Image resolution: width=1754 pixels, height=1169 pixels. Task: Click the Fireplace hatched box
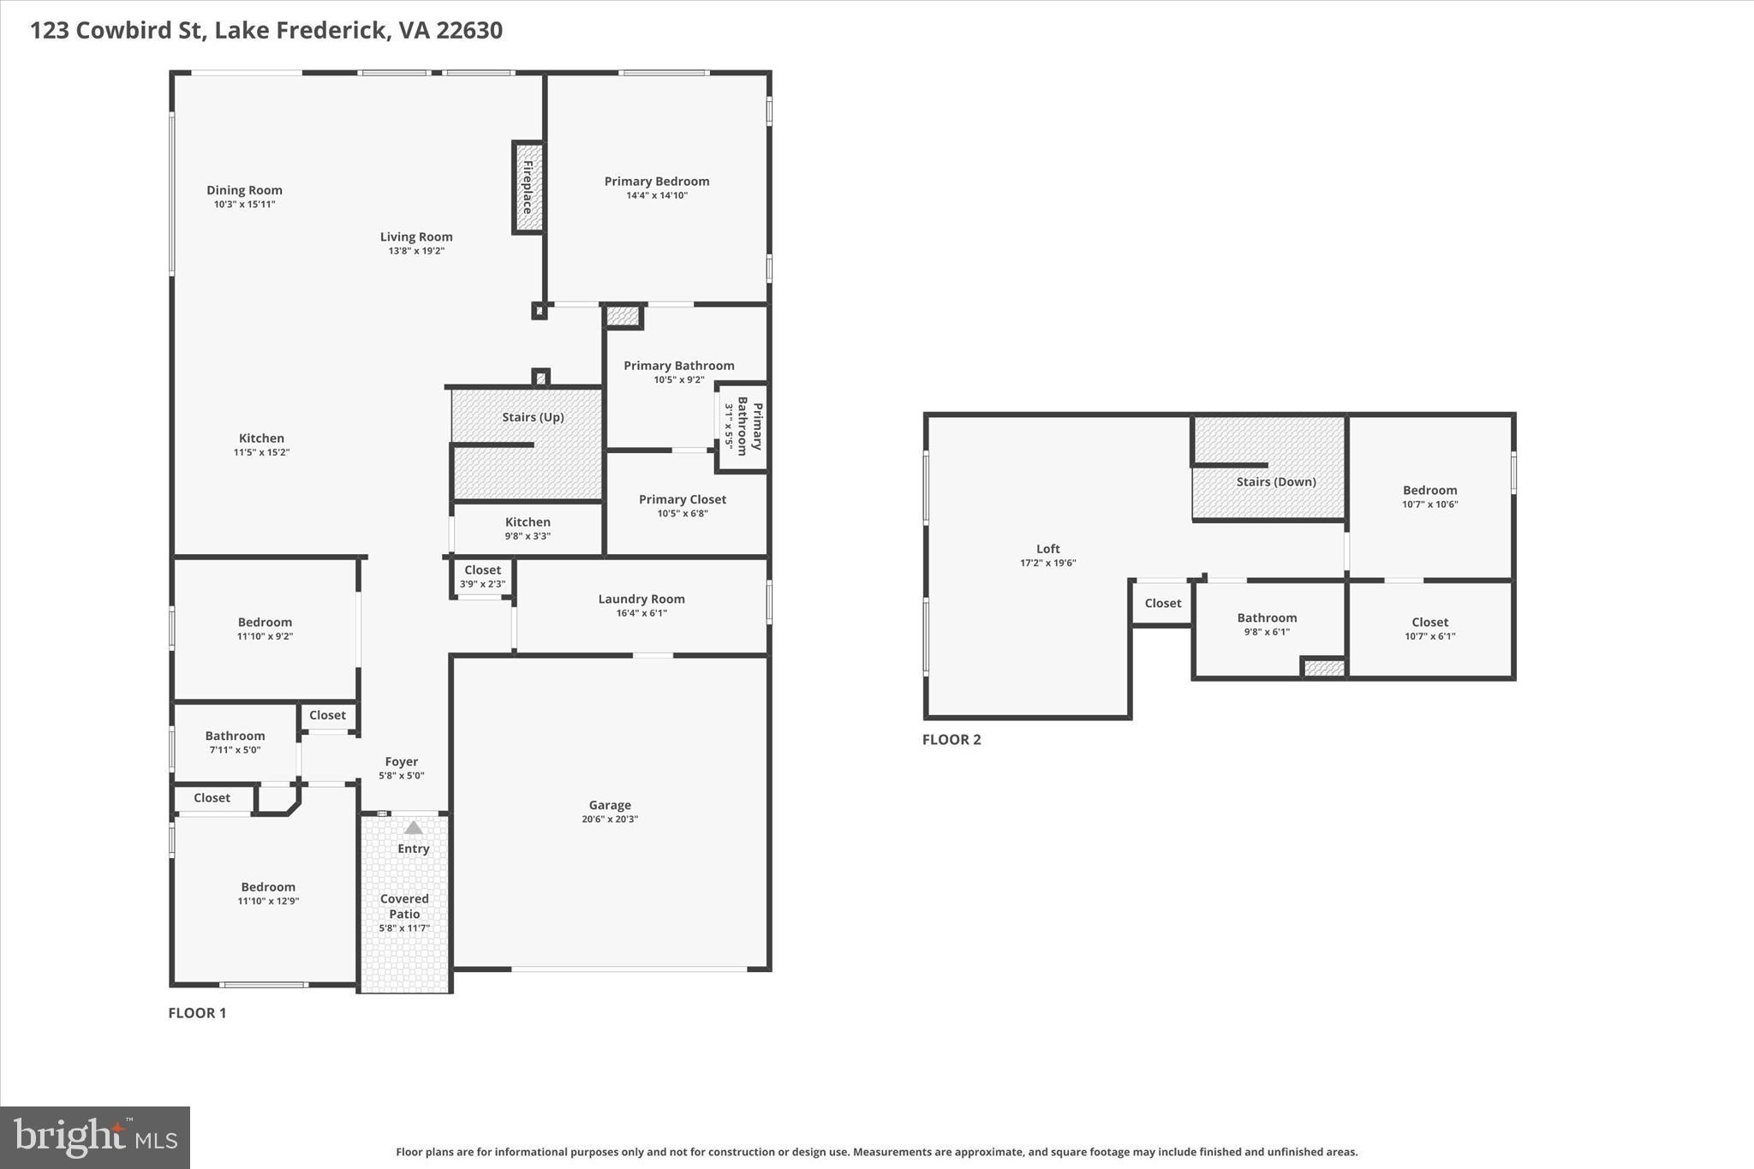point(528,188)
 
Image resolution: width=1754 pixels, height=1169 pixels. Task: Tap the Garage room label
point(610,805)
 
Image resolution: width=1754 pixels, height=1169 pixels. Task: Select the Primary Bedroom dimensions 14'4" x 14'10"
point(657,195)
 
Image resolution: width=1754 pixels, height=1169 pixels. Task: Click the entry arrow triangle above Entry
point(414,827)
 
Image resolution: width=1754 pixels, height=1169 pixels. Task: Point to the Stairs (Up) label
point(533,417)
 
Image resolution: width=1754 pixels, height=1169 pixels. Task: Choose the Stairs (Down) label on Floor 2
point(1275,481)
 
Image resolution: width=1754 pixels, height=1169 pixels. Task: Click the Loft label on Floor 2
point(1047,549)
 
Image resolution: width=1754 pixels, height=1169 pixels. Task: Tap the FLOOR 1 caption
point(197,1012)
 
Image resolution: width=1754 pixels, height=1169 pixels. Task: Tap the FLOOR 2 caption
point(951,739)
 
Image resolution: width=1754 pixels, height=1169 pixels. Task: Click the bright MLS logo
point(95,1137)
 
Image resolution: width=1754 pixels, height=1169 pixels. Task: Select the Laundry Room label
point(641,599)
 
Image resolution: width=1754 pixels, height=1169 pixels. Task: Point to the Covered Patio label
point(404,906)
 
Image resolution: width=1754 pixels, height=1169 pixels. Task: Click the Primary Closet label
point(682,499)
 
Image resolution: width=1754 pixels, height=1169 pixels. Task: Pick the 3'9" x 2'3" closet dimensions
point(482,584)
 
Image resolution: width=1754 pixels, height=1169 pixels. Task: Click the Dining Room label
point(244,190)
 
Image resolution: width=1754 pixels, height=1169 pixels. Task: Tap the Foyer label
point(401,761)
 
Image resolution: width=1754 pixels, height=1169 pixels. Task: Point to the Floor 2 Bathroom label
point(1266,617)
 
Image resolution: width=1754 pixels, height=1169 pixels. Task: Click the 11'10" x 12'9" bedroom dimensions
point(268,901)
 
